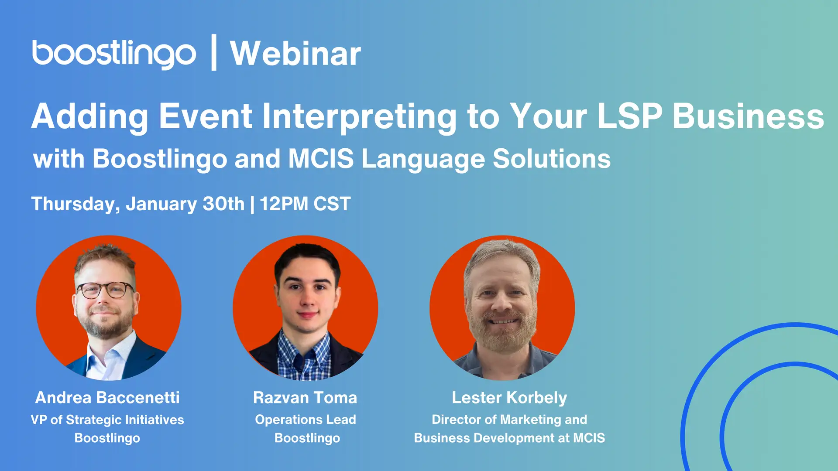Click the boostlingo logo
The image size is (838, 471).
114,54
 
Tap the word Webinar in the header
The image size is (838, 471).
295,54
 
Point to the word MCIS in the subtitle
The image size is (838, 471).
321,158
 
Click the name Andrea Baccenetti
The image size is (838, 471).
107,397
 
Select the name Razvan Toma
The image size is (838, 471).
305,397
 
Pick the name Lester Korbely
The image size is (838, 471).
509,398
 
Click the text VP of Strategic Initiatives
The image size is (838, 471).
107,420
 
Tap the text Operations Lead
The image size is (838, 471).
306,420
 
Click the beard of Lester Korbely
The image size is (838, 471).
502,331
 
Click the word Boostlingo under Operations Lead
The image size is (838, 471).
307,438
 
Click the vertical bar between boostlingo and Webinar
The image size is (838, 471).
214,52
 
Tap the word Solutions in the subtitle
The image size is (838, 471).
552,158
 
